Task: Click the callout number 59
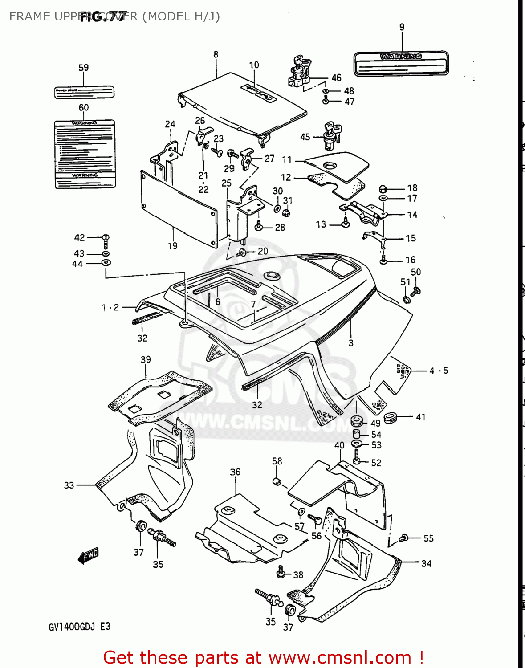pyautogui.click(x=84, y=68)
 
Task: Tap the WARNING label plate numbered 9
pyautogui.click(x=401, y=63)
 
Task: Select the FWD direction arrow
pyautogui.click(x=88, y=556)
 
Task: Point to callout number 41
pyautogui.click(x=421, y=417)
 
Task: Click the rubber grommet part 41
pyautogui.click(x=391, y=418)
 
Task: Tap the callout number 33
pyautogui.click(x=69, y=485)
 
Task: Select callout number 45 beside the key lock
pyautogui.click(x=305, y=137)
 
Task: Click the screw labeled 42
pyautogui.click(x=106, y=241)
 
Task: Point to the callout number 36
pyautogui.click(x=235, y=472)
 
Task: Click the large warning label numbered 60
pyautogui.click(x=85, y=153)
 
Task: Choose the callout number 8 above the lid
pyautogui.click(x=216, y=54)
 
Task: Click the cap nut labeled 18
pyautogui.click(x=383, y=188)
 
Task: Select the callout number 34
pyautogui.click(x=426, y=563)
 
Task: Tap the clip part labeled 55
pyautogui.click(x=403, y=538)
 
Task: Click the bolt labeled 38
pyautogui.click(x=281, y=572)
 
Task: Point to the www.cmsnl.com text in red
pyautogui.click(x=340, y=658)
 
